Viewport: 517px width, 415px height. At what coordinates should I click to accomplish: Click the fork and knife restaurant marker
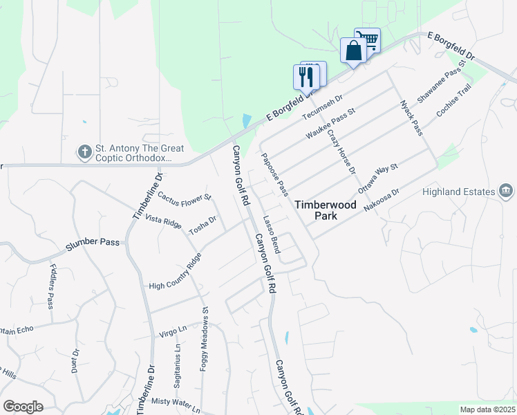coord(305,76)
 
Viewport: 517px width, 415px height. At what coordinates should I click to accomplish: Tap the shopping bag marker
coord(353,51)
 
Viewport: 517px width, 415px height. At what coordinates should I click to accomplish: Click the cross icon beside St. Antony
coord(85,151)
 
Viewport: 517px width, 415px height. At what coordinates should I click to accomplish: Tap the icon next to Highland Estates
coord(505,191)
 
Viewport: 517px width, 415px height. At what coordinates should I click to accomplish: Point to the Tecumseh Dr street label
coord(321,107)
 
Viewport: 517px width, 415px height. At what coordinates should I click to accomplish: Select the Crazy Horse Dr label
coord(341,150)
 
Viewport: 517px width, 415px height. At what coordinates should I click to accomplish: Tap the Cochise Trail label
coord(453,100)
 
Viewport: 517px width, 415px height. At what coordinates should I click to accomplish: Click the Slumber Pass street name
coord(93,243)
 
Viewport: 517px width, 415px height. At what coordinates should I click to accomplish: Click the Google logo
coord(23,407)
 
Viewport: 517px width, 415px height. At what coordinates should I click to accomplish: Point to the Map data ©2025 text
coord(487,409)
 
